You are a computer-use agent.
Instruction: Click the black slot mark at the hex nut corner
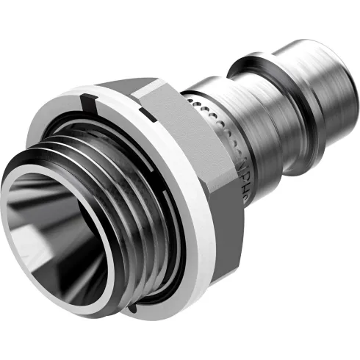[147, 115]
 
